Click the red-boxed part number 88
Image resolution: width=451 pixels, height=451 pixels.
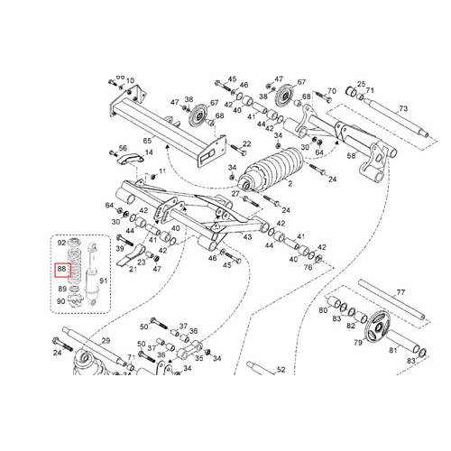(62, 269)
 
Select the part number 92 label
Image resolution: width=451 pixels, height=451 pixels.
(61, 243)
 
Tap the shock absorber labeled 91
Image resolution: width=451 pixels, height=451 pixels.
(91, 274)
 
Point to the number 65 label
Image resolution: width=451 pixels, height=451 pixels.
(147, 141)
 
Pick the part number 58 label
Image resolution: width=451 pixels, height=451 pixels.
(351, 155)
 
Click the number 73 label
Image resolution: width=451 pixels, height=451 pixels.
(403, 108)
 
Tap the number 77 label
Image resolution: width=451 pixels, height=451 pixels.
(400, 292)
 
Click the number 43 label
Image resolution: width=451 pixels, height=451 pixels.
(247, 237)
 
